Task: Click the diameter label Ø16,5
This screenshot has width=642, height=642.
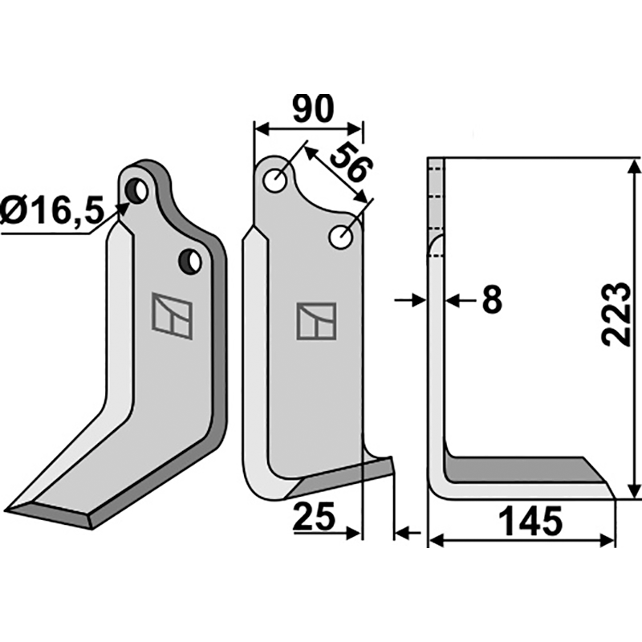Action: pyautogui.click(x=53, y=212)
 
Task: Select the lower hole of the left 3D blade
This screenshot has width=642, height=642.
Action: pyautogui.click(x=191, y=260)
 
